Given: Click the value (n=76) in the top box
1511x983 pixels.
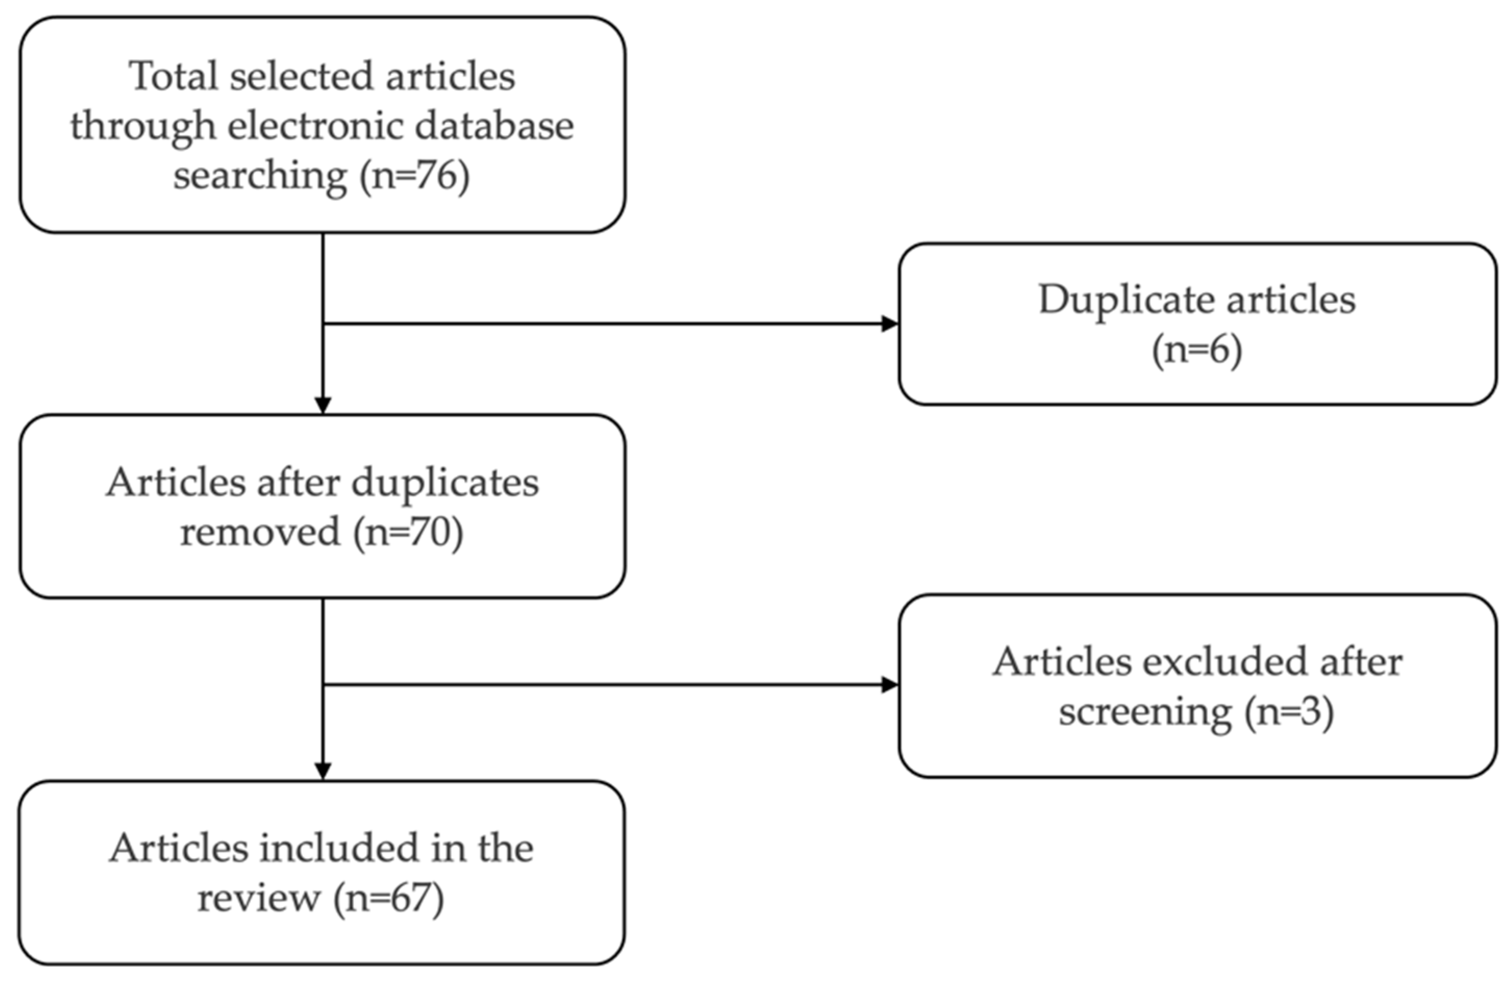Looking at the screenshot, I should (x=414, y=176).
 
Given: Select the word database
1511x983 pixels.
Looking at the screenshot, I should (x=494, y=125).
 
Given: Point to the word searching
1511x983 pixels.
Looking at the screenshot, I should (x=260, y=176).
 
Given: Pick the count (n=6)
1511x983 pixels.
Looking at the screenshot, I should (x=1197, y=350).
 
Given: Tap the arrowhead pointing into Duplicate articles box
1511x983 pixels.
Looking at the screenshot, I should (x=890, y=324).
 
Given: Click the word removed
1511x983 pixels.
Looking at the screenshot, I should (x=260, y=532).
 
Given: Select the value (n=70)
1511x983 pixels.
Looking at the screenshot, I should (x=408, y=532).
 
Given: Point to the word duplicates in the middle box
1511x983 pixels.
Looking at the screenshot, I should (x=445, y=483).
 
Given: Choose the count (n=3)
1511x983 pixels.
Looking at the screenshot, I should (x=1289, y=711).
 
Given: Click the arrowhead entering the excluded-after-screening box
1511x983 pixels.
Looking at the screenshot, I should (x=890, y=685).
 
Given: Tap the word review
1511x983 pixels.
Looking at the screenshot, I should (x=259, y=898).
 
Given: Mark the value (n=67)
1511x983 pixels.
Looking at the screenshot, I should (x=388, y=898).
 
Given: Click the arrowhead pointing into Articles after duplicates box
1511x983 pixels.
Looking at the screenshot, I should (x=323, y=405).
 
